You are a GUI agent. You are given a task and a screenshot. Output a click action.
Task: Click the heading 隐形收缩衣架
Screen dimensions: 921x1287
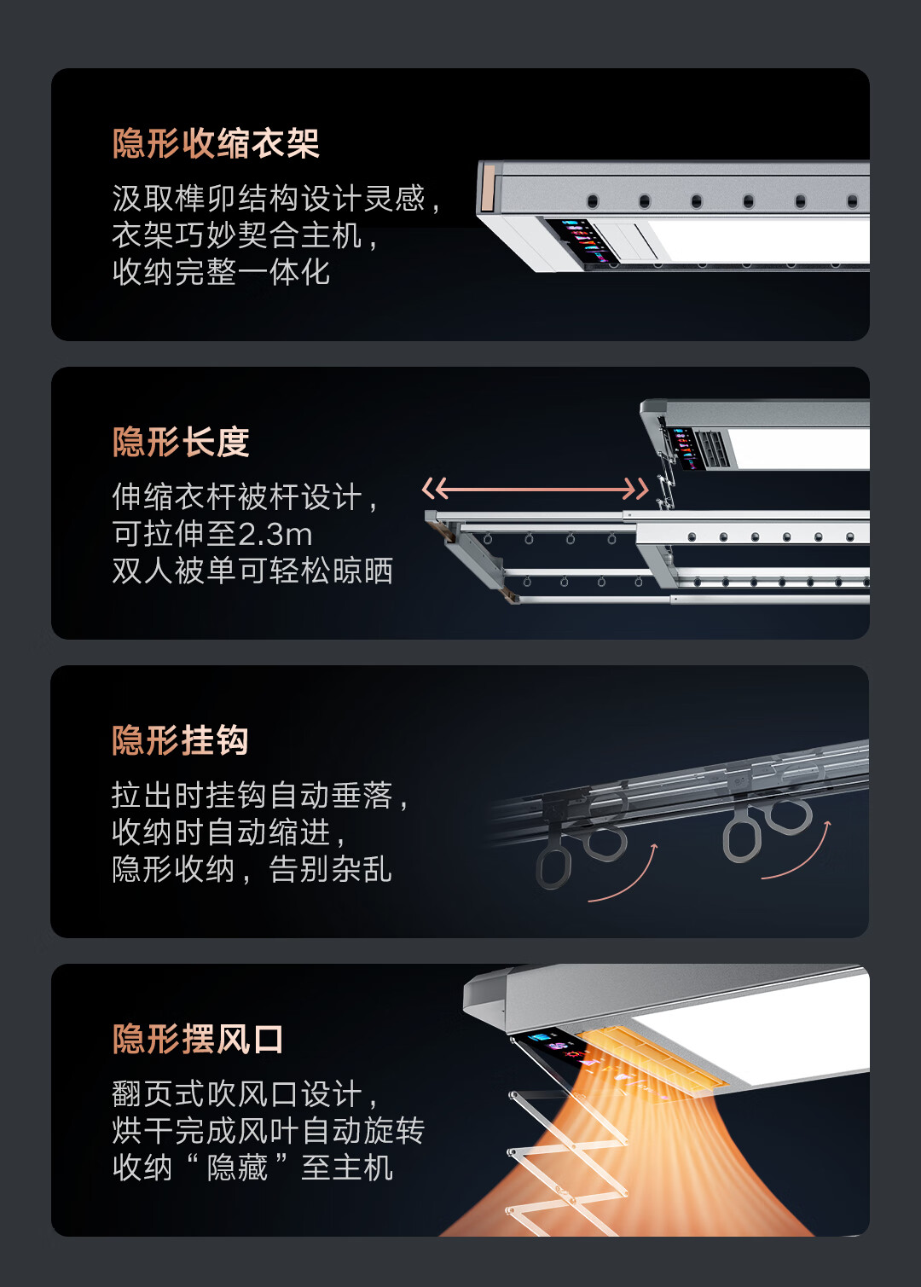click(216, 143)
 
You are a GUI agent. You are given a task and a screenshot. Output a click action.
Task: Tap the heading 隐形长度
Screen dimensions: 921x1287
click(181, 441)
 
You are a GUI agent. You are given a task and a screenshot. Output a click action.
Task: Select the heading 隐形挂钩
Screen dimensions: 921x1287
click(180, 740)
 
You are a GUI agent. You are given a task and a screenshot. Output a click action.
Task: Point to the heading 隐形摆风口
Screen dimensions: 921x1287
click(198, 1039)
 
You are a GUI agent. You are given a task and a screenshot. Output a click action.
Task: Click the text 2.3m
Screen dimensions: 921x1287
click(275, 535)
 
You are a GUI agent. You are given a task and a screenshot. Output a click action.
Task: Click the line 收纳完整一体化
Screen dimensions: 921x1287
click(221, 272)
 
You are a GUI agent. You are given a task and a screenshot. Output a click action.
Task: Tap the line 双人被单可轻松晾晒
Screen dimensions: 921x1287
click(252, 571)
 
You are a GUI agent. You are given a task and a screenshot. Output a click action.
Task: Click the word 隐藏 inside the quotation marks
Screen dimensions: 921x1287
click(237, 1168)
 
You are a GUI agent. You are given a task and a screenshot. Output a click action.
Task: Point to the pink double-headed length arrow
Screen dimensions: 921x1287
click(535, 490)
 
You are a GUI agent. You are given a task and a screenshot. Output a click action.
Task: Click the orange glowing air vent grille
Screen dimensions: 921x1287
click(652, 1056)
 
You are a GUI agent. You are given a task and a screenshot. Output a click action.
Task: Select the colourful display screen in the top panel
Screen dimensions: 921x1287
click(580, 241)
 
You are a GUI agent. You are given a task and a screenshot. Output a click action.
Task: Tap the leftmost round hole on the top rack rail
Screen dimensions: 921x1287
click(593, 201)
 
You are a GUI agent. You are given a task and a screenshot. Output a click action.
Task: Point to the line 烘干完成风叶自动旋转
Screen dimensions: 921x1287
click(269, 1131)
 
